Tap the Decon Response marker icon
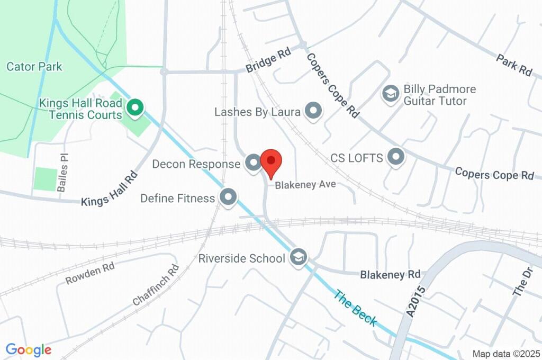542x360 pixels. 254,164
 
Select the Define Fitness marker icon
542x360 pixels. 229,197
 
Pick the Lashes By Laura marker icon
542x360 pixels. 314,111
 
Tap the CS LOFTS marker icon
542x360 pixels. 395,157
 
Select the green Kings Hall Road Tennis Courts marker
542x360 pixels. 135,109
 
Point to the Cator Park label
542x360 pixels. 34,67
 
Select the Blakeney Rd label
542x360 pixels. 390,274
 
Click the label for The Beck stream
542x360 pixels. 355,308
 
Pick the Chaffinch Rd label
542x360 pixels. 156,286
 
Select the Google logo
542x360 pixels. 29,349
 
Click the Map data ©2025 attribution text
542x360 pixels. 506,354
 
